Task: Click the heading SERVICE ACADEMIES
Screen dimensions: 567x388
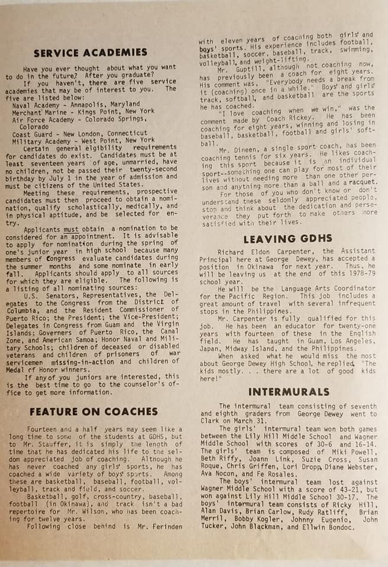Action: (90, 53)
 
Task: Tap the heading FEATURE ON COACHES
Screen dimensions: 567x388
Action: (93, 411)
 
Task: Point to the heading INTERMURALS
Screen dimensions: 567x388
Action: (288, 392)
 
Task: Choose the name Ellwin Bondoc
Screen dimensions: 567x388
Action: (328, 527)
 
